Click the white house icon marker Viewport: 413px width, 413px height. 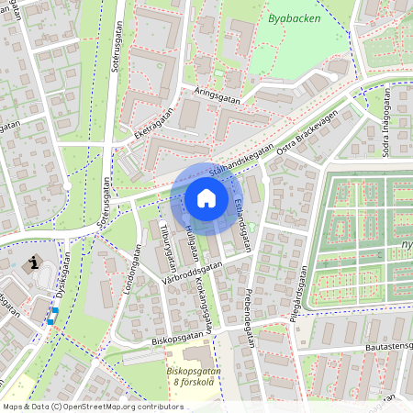[206, 198]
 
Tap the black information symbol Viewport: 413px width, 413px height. [36, 263]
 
